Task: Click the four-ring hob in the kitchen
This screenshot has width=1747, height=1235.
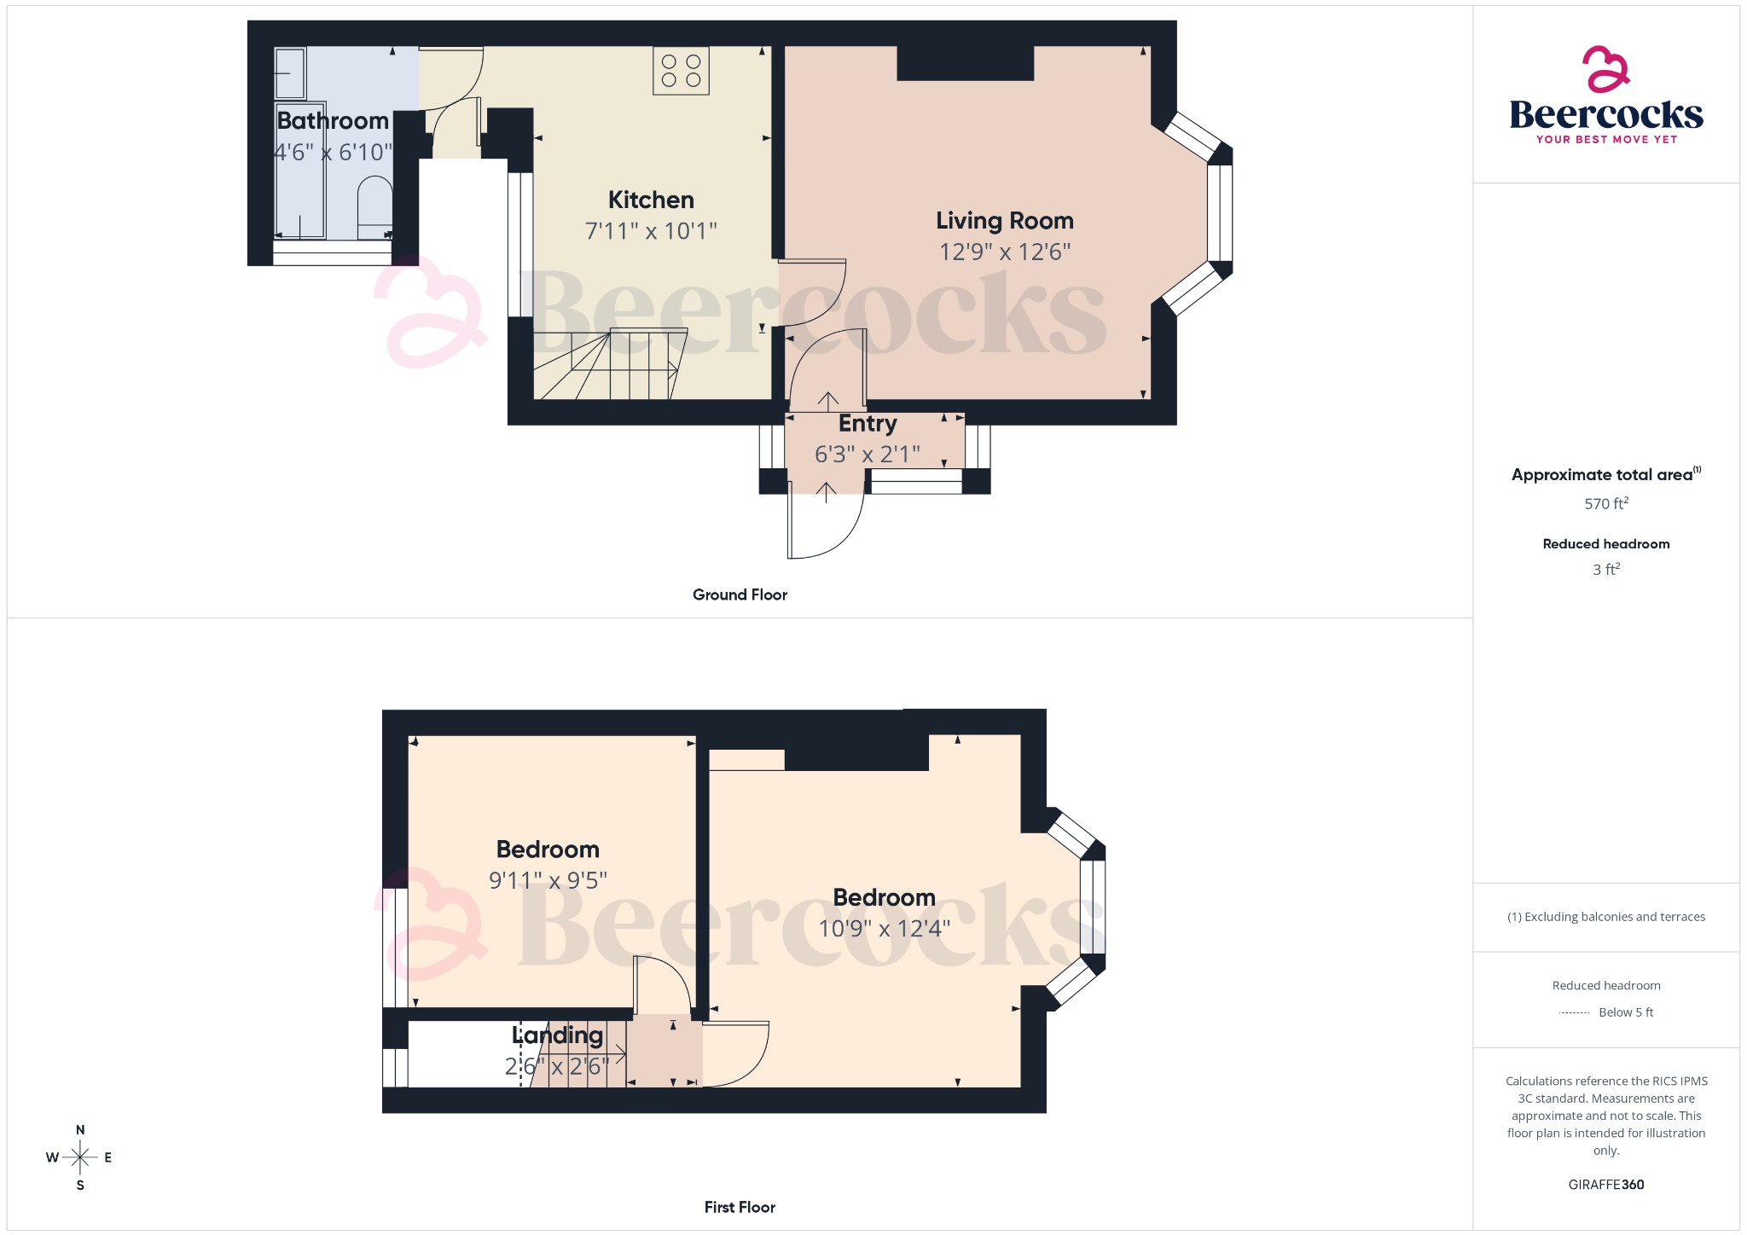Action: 681,71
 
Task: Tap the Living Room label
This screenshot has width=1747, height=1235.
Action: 1004,221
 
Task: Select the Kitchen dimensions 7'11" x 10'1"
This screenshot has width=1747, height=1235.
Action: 651,231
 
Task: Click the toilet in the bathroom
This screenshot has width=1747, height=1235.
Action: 374,207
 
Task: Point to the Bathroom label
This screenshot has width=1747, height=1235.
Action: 333,121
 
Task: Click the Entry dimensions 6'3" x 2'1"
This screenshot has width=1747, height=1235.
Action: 867,455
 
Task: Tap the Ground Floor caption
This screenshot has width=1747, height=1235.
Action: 740,595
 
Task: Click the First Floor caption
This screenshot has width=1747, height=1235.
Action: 740,1207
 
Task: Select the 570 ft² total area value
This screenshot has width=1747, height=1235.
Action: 1605,504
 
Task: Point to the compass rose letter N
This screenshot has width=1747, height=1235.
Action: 80,1130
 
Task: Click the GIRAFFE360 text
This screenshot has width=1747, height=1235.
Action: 1605,1185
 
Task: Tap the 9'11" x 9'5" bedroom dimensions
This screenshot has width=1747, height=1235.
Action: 548,881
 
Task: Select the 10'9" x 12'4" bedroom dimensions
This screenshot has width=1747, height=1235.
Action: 884,929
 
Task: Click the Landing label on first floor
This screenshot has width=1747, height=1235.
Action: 557,1035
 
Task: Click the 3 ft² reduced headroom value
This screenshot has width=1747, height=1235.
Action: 1605,570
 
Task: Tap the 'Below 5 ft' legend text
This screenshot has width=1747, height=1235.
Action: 1625,1012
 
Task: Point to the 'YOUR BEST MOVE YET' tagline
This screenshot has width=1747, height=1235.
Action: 1606,140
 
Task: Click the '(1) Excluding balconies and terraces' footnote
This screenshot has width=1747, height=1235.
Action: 1605,917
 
